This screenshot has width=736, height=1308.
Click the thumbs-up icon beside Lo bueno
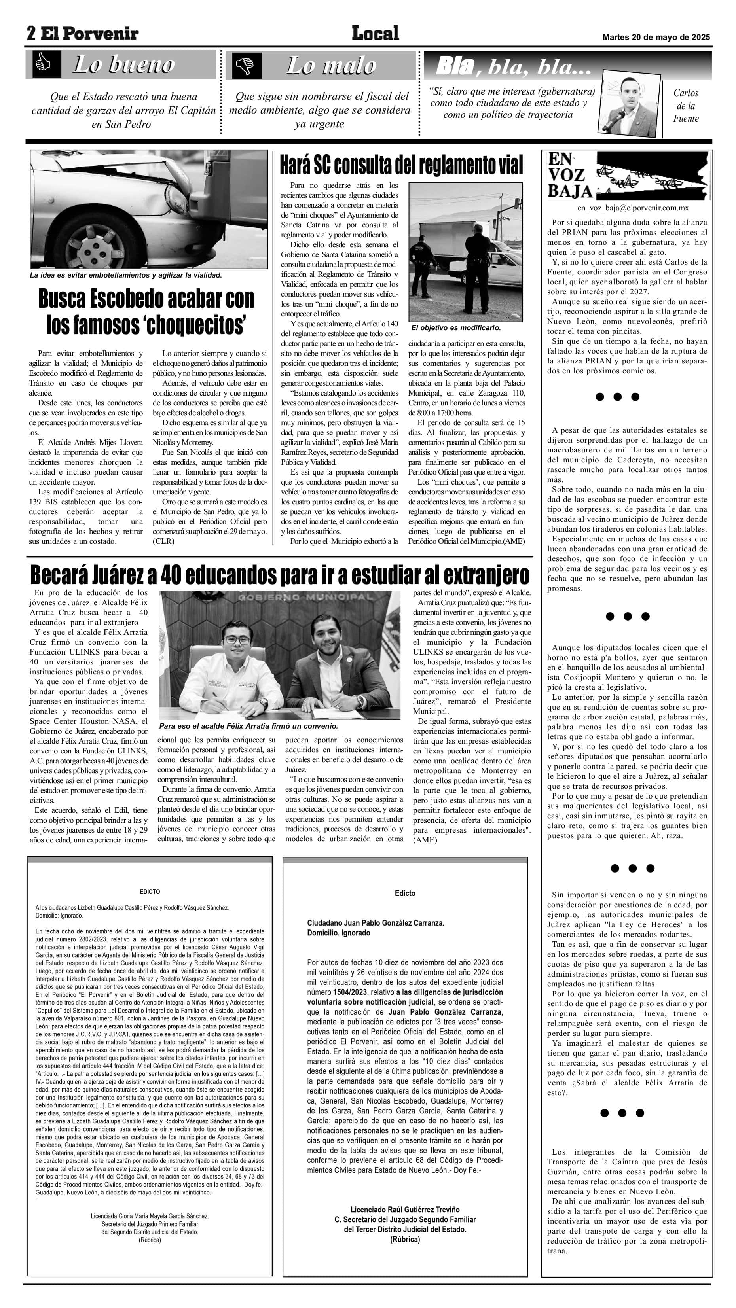coord(43,64)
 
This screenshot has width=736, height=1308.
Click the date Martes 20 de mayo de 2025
coord(656,37)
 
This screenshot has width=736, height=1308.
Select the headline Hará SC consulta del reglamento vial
coord(401,165)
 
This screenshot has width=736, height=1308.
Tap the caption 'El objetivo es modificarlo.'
coord(455,328)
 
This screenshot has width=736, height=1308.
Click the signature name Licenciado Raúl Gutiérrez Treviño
coord(405,1210)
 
